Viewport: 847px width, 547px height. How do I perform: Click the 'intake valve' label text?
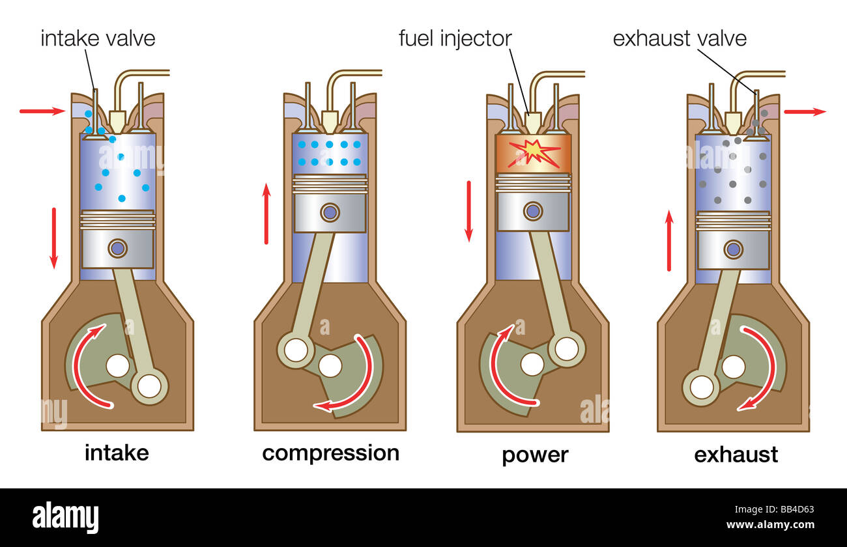(x=98, y=38)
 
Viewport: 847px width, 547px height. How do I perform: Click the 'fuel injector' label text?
(x=455, y=38)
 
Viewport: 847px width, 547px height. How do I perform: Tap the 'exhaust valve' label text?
(x=679, y=38)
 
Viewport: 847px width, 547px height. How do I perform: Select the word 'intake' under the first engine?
(x=117, y=453)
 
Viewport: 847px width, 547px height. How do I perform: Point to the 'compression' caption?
(x=330, y=453)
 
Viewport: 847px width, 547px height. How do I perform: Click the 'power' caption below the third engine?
(x=535, y=455)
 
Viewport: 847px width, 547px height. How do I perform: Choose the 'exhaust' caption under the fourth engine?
(x=736, y=454)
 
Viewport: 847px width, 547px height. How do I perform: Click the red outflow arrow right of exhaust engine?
(x=805, y=111)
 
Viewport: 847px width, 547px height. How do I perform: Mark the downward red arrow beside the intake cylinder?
(x=53, y=238)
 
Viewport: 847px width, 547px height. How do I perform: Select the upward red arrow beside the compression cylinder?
(x=266, y=214)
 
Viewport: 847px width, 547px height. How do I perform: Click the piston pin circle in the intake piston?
(x=117, y=248)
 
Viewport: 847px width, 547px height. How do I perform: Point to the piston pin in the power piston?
(x=533, y=211)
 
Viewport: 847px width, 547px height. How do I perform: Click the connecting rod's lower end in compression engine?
(x=296, y=350)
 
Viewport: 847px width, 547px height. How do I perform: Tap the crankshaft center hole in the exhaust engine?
(x=734, y=367)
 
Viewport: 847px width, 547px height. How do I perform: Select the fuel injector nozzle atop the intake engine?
(x=117, y=121)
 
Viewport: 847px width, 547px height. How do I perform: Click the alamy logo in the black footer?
(x=65, y=518)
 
